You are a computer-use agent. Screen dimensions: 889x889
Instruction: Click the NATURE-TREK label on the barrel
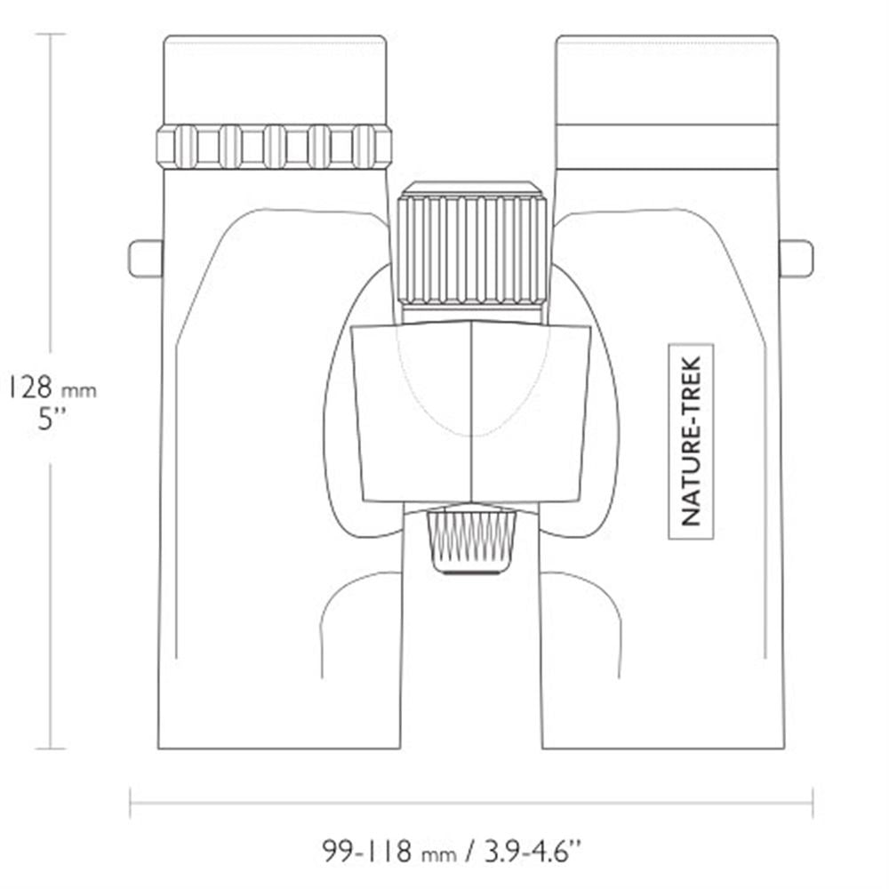click(x=691, y=441)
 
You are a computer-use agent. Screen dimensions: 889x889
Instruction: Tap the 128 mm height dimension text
click(x=52, y=388)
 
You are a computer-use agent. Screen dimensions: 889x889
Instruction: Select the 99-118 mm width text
click(x=389, y=851)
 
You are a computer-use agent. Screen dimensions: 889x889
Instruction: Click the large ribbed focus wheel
click(x=472, y=250)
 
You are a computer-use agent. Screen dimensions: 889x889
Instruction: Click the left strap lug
click(x=146, y=259)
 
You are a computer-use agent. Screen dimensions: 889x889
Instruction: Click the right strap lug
click(x=797, y=259)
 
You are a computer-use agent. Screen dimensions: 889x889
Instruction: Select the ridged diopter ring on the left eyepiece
click(x=274, y=147)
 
